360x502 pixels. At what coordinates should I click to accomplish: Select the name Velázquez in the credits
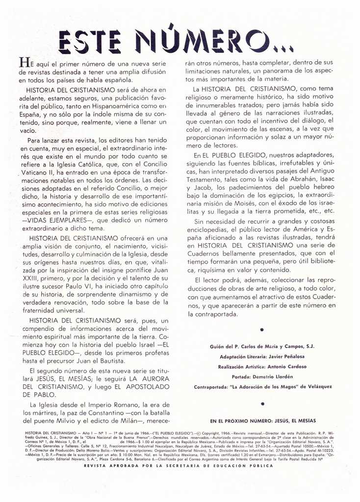[x=314, y=386]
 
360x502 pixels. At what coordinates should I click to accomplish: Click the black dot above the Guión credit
[x=262, y=330]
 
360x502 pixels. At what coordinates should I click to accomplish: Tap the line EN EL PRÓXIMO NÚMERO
[x=263, y=421]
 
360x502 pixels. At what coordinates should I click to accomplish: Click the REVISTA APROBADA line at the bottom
[x=179, y=465]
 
